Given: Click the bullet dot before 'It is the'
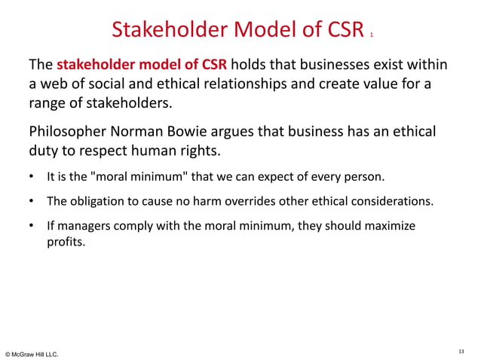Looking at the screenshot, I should (31, 178).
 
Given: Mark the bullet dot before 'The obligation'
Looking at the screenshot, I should (31, 203).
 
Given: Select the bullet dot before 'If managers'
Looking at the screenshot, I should (31, 227).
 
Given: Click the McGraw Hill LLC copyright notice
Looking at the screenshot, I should (31, 353).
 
